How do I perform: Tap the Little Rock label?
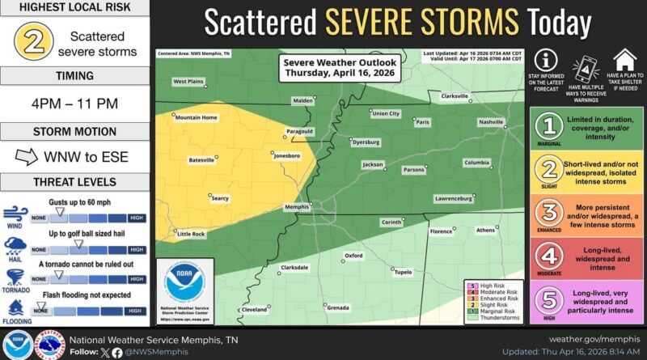click(191, 234)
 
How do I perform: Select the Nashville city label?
click(490, 121)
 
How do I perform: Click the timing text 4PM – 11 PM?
click(74, 105)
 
